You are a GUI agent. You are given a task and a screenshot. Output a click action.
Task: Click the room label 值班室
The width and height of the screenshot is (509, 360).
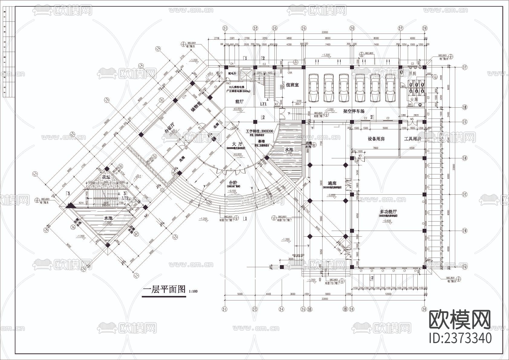click(x=292, y=85)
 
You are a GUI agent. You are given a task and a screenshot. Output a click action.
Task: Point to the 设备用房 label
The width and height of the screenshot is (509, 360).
click(x=376, y=139)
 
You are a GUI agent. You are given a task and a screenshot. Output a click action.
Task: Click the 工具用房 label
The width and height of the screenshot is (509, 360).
click(x=412, y=139)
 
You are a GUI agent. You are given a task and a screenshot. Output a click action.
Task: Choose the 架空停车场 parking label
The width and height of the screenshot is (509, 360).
click(x=354, y=111)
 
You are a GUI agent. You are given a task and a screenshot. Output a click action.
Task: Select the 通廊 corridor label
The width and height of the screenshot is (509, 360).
click(x=332, y=183)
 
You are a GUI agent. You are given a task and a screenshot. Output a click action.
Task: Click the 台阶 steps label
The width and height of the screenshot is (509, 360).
click(x=233, y=183)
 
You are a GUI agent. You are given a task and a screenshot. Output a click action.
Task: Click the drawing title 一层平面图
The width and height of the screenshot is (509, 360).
click(x=164, y=290)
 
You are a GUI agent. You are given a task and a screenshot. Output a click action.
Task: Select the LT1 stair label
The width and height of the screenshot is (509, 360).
click(x=264, y=104)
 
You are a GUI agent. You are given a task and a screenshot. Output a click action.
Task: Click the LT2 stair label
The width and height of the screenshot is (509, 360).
click(x=125, y=198)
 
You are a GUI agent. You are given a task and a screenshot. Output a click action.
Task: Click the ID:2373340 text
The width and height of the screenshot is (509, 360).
click(x=460, y=338)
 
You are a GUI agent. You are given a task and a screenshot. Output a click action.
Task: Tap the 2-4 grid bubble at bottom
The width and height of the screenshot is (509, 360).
click(x=281, y=309)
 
